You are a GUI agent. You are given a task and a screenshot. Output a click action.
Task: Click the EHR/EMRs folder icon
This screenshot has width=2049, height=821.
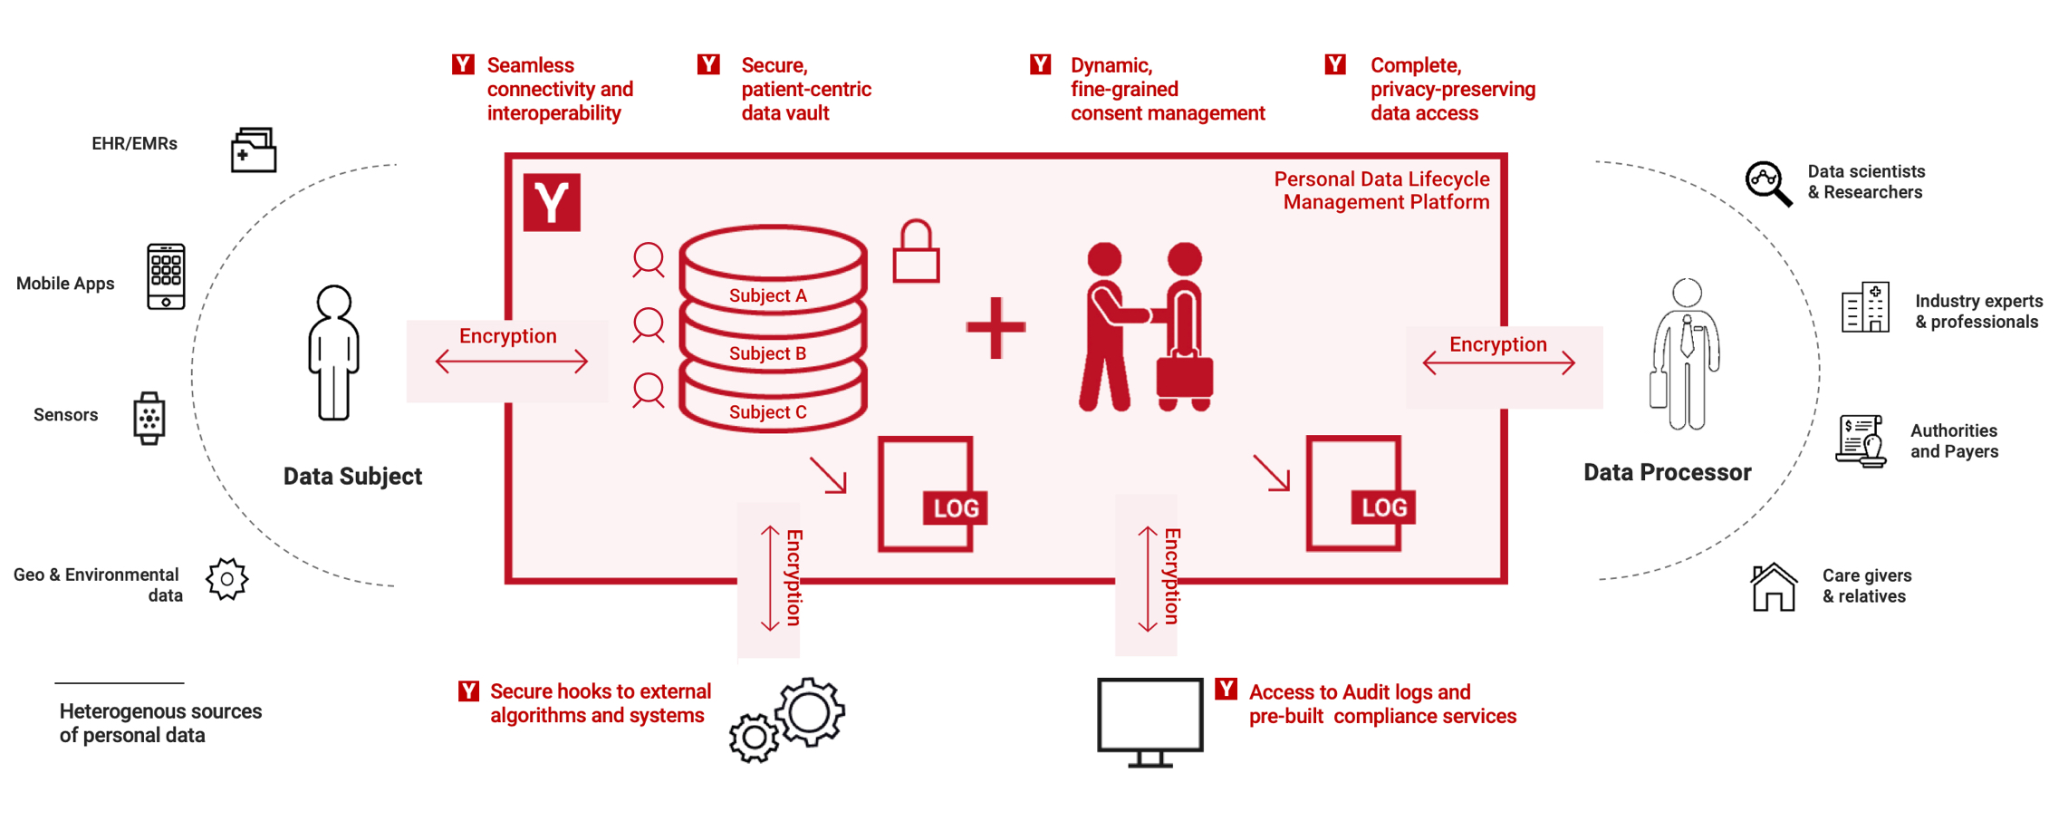click(254, 150)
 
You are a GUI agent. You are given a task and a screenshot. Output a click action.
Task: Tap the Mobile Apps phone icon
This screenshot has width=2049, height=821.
click(166, 276)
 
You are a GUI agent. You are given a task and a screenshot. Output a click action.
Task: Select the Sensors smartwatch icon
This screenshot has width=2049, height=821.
click(149, 418)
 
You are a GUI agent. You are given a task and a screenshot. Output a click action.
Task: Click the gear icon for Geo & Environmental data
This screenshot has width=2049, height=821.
click(226, 579)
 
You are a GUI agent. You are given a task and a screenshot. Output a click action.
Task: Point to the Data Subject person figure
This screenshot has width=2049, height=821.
click(333, 353)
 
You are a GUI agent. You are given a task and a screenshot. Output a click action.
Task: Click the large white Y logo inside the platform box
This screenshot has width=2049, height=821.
click(552, 202)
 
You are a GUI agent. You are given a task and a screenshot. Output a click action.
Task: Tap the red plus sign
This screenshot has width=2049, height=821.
click(996, 328)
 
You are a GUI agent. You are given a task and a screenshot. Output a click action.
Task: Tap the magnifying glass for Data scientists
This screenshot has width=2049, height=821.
click(1768, 184)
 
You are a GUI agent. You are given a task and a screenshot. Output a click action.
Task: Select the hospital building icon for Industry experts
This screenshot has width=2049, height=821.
click(1866, 308)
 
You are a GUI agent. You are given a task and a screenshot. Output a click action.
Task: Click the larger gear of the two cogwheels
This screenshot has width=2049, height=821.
click(810, 711)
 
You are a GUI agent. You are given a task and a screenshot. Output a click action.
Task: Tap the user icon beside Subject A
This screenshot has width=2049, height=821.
click(649, 260)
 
